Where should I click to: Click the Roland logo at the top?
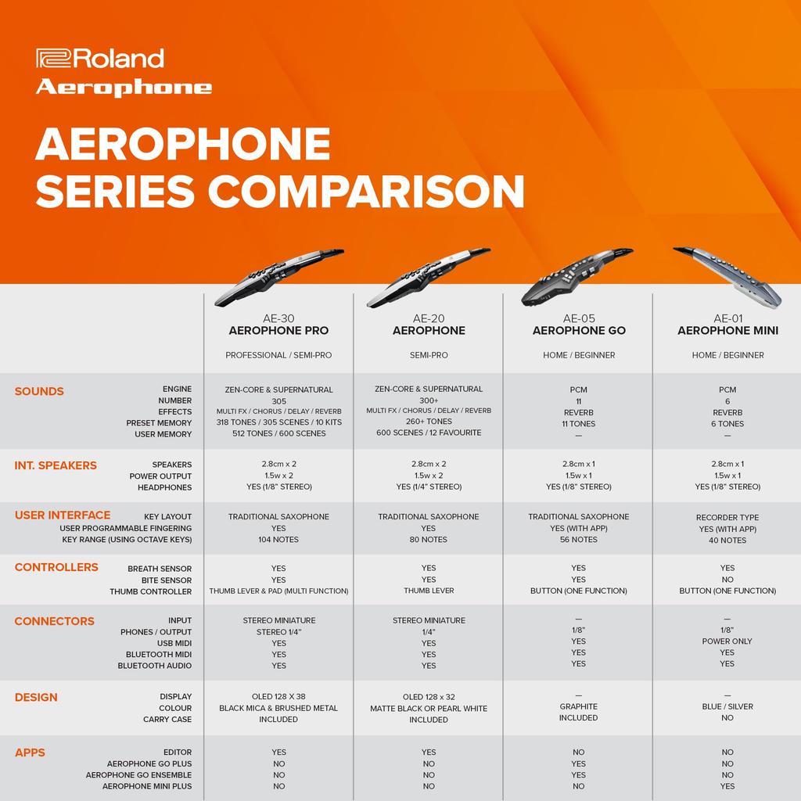tap(100, 59)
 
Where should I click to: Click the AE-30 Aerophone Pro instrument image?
tap(278, 275)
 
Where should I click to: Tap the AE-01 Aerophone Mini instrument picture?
tap(727, 274)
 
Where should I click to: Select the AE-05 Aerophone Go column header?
tap(579, 325)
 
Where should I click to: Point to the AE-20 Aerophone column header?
tap(429, 325)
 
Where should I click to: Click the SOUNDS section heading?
tap(39, 391)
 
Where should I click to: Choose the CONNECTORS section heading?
tap(54, 621)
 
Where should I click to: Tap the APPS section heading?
tap(30, 753)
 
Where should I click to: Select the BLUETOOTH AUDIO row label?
tap(155, 666)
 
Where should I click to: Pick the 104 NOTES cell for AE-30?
tap(278, 540)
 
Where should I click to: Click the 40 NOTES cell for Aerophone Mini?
tap(727, 541)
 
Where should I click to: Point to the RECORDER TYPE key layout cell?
tap(727, 518)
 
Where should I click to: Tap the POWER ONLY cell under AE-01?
tap(727, 641)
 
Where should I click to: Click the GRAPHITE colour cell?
tap(579, 706)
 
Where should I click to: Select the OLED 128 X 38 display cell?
tap(278, 697)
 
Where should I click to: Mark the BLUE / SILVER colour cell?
tap(727, 706)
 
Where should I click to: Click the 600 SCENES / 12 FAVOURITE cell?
tap(429, 433)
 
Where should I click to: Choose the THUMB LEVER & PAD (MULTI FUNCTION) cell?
tap(278, 591)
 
